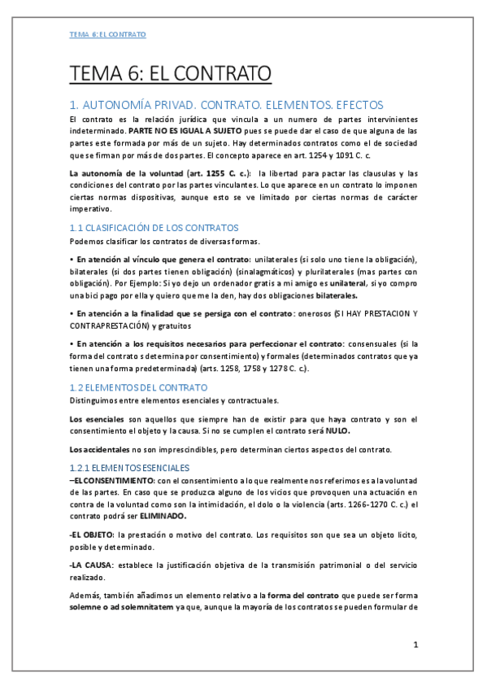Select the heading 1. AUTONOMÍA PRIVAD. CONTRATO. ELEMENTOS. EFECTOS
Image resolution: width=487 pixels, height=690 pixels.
tap(226, 105)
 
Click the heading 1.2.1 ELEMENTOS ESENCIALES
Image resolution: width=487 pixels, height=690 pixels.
tap(129, 468)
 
